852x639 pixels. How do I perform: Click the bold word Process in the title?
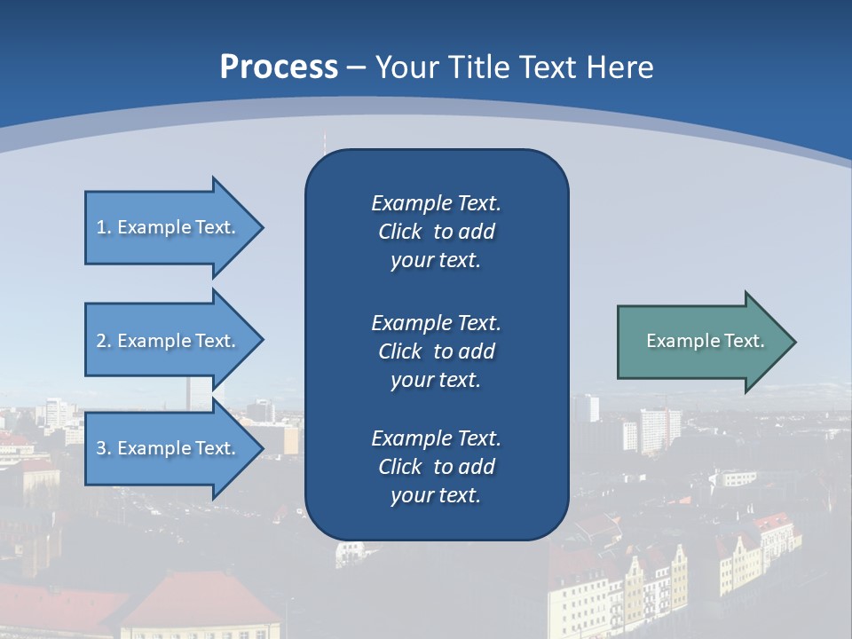point(279,67)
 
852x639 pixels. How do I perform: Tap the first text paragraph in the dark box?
point(436,232)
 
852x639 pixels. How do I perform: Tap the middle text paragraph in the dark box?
point(436,351)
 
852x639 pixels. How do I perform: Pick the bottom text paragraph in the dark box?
point(436,467)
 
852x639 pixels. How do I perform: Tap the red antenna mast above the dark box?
point(324,140)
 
